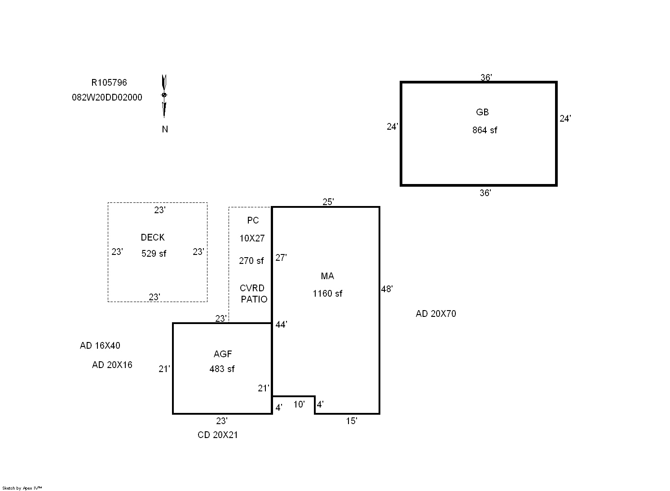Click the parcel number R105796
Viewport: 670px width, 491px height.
pos(109,83)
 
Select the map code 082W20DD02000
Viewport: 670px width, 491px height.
pos(107,97)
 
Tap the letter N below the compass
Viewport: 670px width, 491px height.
pos(165,129)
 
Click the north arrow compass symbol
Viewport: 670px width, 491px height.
pos(164,96)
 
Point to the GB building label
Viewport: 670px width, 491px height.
pos(482,112)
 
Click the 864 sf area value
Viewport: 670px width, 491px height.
pos(485,130)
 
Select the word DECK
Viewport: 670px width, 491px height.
pos(153,237)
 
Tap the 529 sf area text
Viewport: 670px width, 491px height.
pos(154,254)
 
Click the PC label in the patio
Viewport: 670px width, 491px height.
pos(253,220)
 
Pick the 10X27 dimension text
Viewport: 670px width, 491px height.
pos(252,238)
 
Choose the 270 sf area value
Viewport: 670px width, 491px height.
pos(251,261)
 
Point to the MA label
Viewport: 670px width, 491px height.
pos(327,276)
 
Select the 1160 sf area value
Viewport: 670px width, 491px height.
pos(327,294)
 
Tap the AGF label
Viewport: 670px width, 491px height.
pos(223,354)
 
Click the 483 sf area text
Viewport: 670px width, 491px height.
pos(222,369)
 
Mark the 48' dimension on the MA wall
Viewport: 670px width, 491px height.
pos(387,289)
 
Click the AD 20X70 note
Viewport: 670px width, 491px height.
pos(436,314)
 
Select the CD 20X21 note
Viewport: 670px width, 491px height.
pos(217,435)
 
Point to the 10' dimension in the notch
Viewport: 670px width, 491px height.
pos(299,404)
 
